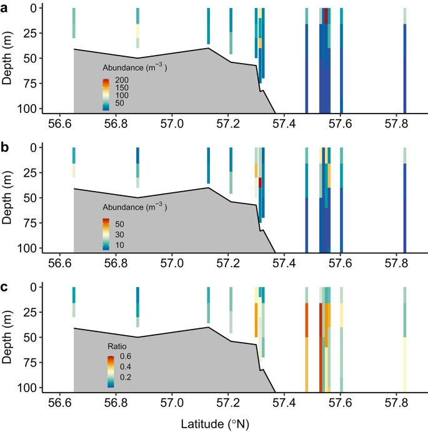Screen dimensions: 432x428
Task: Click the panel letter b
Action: tap(6, 145)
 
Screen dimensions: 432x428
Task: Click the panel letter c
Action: tap(6, 285)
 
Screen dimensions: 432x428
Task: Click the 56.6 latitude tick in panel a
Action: tap(60, 124)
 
